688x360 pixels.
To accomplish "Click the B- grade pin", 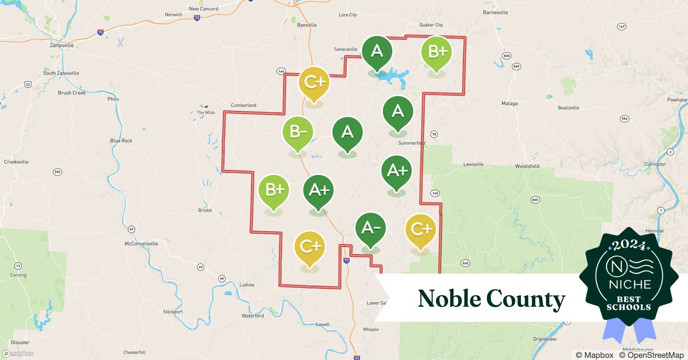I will coord(298,132).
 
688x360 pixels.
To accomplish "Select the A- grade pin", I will coord(370,228).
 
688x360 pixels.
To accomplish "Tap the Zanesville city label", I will coord(62,45).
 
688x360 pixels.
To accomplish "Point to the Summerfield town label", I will coord(411,143).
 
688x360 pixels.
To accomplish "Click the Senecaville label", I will coord(345,49).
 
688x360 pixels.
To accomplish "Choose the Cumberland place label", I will coord(244,105).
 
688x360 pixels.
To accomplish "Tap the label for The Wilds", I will coord(206,112).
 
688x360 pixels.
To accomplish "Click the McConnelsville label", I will coord(141,244).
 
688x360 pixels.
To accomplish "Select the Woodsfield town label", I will coord(527,166).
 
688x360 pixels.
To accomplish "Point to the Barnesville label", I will coord(495,13).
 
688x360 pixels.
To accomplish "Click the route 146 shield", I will coord(281,71).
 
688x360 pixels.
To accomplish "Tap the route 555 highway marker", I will coord(58,172).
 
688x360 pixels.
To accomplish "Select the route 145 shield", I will coord(435,193).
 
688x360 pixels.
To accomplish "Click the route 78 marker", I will coord(434,134).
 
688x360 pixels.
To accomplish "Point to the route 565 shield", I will coord(465,263).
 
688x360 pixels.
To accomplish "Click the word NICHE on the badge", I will coord(630,285).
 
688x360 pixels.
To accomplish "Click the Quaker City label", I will coord(431,25).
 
